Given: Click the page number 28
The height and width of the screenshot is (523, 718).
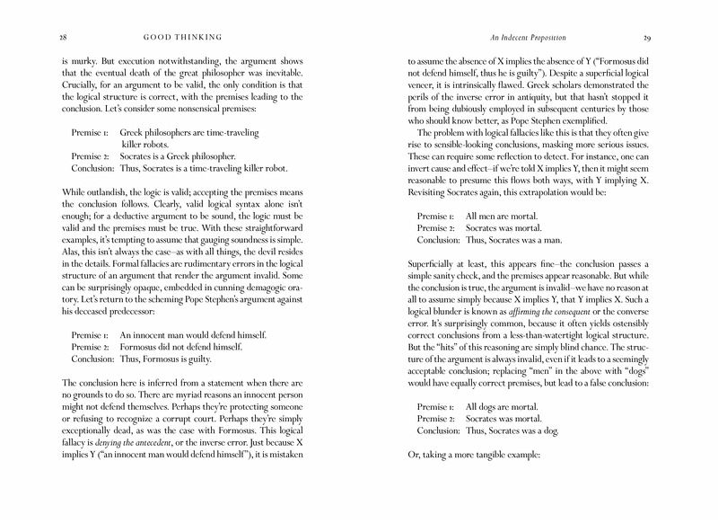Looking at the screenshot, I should [x=36, y=39].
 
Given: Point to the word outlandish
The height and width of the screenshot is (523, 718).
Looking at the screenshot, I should [x=115, y=191].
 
